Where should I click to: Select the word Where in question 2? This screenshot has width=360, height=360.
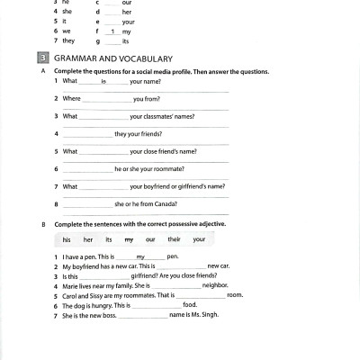[x=72, y=98]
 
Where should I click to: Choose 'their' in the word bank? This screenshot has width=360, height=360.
[x=174, y=239]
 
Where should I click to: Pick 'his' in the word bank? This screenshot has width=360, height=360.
[x=67, y=239]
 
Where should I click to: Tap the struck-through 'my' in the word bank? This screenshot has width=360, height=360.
[x=129, y=239]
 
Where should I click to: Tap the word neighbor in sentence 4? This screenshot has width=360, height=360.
[x=215, y=285]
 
